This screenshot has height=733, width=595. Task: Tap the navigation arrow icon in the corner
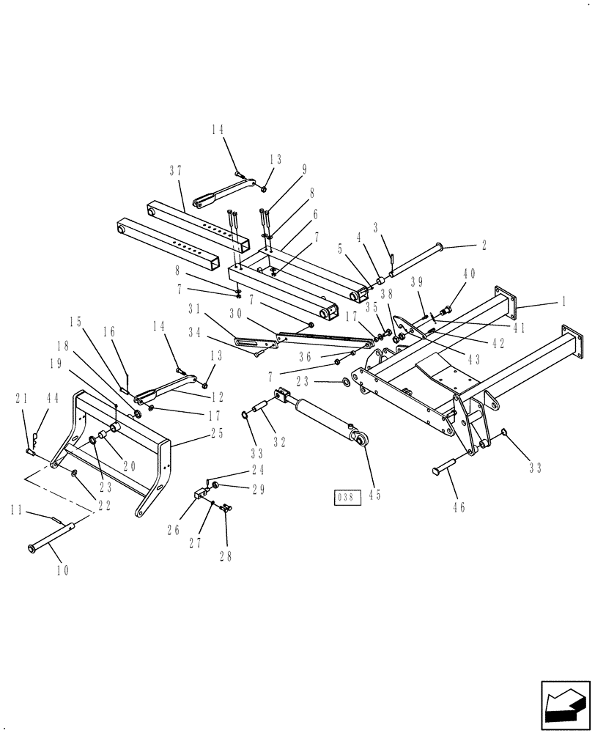pyautogui.click(x=565, y=706)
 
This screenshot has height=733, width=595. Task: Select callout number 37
pyautogui.click(x=175, y=171)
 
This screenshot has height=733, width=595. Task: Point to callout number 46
pyautogui.click(x=459, y=507)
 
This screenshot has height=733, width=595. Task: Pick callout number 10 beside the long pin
pyautogui.click(x=61, y=569)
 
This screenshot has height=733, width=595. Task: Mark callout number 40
pyautogui.click(x=469, y=273)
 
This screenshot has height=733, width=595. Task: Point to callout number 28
pyautogui.click(x=225, y=555)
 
